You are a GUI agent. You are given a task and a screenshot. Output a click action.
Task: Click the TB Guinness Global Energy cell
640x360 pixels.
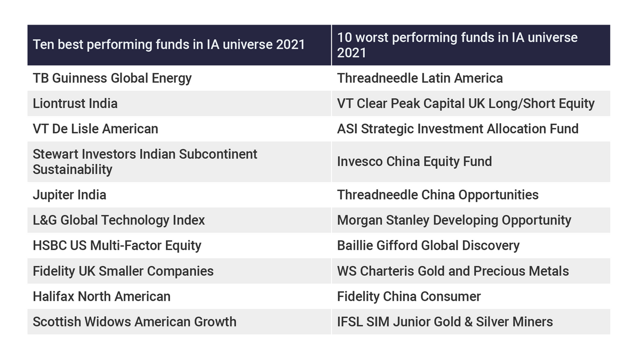[x=112, y=78]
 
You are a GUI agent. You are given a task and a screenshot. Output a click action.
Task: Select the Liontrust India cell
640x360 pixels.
[x=75, y=103]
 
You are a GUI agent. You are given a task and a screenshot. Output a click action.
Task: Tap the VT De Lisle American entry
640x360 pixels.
[x=95, y=129]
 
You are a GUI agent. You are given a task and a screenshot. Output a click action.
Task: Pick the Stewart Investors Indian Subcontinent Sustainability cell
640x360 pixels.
[x=145, y=162]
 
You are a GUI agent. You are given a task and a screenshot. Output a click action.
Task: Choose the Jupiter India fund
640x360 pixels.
[x=69, y=195]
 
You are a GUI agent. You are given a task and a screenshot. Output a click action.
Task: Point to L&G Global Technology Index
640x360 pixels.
[x=118, y=220]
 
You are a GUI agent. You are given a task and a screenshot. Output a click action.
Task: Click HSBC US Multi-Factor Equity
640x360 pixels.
[x=117, y=245]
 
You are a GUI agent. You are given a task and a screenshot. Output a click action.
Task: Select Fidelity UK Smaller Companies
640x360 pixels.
[x=123, y=271]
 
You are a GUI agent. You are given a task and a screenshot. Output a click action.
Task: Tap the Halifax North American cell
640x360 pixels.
[x=101, y=296]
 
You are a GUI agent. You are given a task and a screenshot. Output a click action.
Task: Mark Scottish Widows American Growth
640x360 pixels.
[x=134, y=322]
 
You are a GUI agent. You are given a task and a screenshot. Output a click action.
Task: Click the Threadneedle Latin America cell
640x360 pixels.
[x=420, y=78]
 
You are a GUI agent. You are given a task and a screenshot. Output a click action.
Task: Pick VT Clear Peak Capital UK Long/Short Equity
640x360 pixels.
[x=466, y=103]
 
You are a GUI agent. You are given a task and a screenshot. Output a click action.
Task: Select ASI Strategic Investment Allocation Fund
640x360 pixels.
[x=458, y=129]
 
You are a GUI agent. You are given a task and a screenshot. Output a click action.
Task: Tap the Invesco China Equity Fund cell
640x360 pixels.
[x=414, y=162]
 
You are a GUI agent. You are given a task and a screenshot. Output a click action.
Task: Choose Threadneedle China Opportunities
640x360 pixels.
[x=437, y=195]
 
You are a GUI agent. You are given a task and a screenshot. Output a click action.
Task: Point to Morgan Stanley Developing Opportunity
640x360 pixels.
[x=454, y=220]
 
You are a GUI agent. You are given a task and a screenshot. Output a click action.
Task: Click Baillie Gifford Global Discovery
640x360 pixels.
[x=428, y=245]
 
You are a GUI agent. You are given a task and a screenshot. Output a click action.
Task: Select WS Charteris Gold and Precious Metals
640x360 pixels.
[x=453, y=271]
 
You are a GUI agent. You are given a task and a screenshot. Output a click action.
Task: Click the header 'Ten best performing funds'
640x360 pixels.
[x=169, y=44]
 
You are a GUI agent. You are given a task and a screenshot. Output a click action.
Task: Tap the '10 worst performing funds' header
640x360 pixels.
[x=457, y=45]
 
